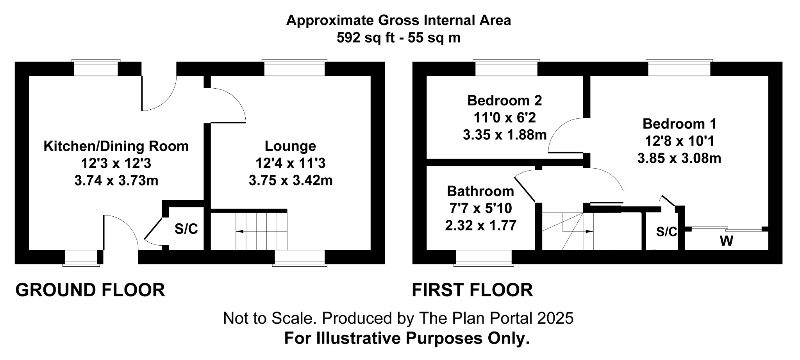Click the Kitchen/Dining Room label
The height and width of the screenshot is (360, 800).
point(116,146)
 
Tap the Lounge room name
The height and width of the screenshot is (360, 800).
point(290,146)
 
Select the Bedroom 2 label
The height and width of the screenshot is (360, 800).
point(504,101)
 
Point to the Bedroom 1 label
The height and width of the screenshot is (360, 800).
point(679,124)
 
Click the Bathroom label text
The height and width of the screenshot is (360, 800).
point(480,191)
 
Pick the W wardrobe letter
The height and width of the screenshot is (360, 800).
point(726,241)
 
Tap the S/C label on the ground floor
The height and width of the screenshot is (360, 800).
point(186,229)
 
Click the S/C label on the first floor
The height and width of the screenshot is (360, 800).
point(666,232)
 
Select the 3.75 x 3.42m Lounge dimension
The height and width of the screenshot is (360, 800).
point(291,180)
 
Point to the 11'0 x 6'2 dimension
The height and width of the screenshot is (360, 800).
point(504,118)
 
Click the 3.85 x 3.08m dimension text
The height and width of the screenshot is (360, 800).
point(679,159)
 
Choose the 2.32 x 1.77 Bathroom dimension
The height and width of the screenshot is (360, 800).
point(480,225)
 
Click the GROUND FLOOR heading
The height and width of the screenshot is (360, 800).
point(90,290)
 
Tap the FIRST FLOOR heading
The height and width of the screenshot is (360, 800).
point(472,290)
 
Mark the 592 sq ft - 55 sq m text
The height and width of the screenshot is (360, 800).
point(398,38)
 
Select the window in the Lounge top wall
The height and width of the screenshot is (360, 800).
point(295,68)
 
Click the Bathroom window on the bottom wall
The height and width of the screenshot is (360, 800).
point(484,258)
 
